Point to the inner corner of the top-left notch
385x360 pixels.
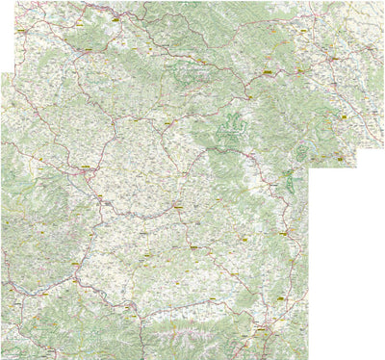14,72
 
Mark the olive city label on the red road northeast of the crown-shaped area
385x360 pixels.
269,71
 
